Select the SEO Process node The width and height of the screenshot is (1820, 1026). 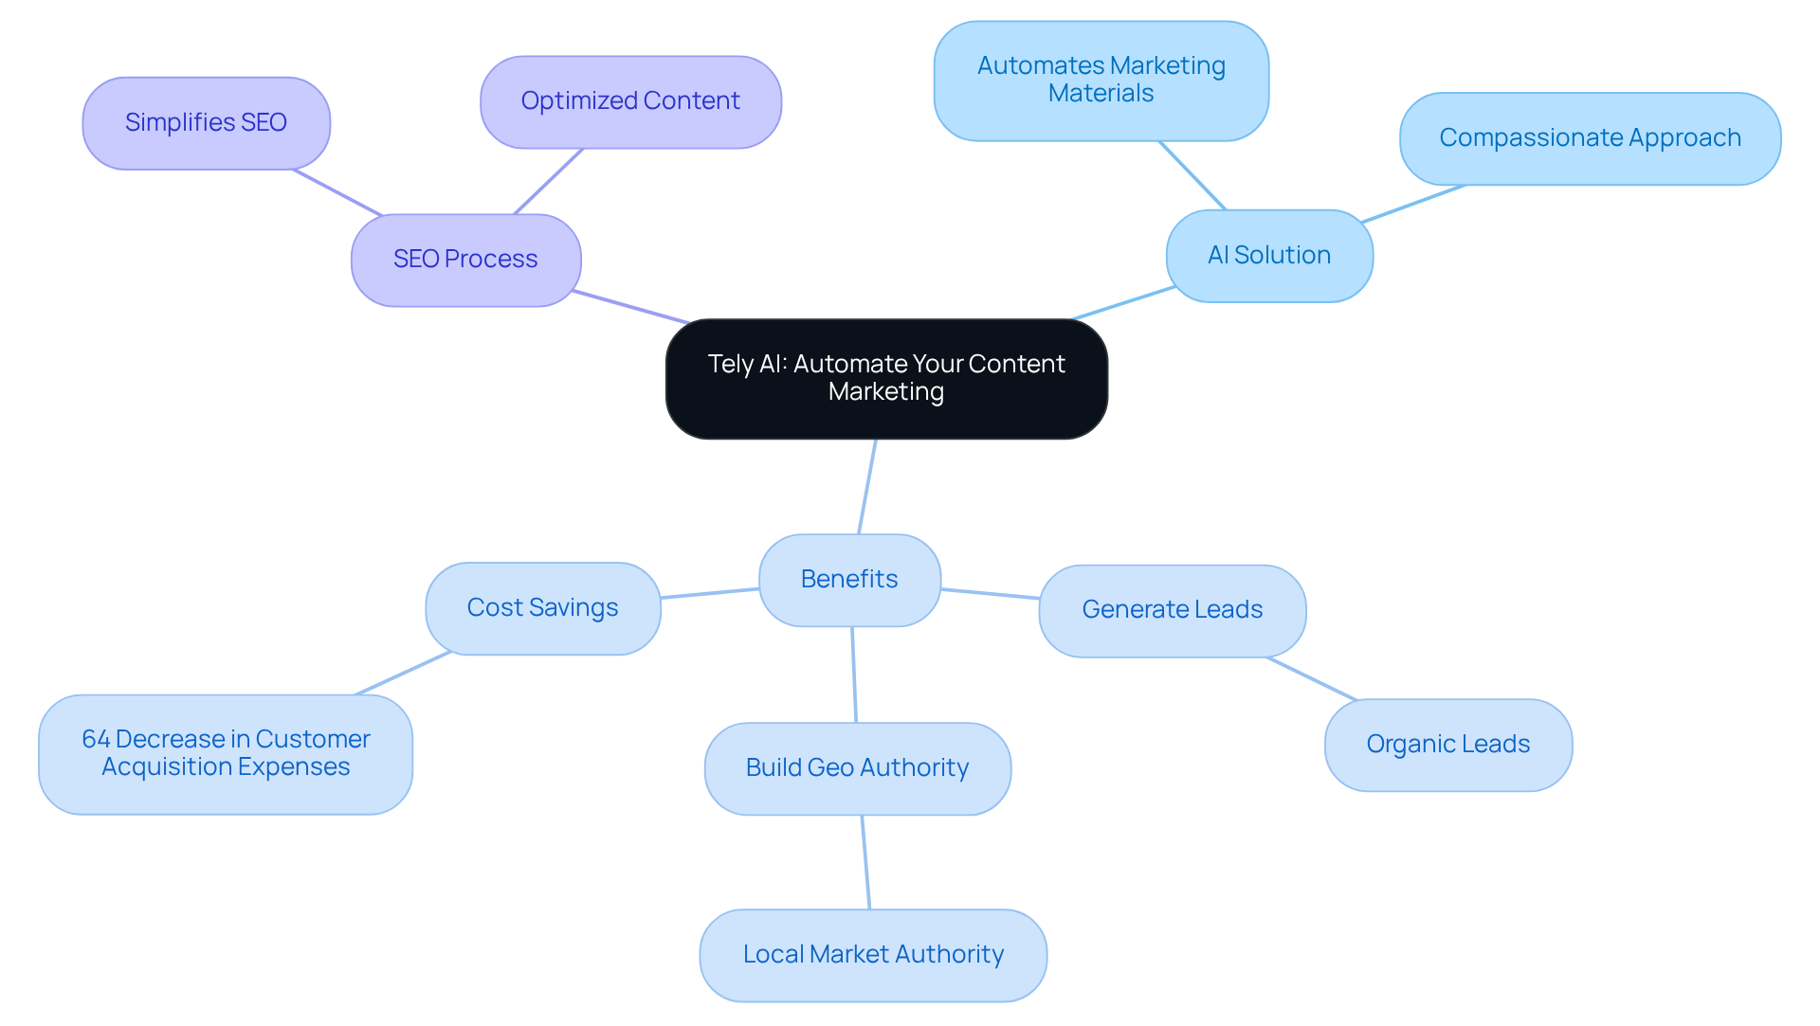[465, 260]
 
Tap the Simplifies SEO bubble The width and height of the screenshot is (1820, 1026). [206, 123]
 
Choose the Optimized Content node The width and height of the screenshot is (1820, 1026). [630, 101]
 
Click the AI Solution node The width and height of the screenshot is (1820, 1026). [1268, 256]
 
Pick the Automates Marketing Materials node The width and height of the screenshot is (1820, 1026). [1101, 81]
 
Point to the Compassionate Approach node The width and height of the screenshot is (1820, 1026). [1590, 138]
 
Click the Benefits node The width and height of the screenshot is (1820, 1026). [849, 580]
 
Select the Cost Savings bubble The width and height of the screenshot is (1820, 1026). [542, 608]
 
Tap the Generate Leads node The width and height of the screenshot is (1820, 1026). [1172, 610]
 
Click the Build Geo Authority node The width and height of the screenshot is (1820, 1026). [857, 768]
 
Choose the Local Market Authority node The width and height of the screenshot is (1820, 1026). [873, 955]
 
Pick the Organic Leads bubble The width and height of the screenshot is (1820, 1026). [1447, 745]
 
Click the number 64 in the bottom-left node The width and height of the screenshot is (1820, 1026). [96, 739]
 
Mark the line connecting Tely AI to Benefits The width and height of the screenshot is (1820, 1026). [867, 487]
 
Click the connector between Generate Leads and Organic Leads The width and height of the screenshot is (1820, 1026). [1312, 678]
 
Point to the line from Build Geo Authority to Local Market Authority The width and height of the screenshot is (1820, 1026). [865, 862]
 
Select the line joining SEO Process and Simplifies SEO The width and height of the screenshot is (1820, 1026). [337, 192]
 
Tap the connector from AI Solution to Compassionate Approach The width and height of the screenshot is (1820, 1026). [1413, 204]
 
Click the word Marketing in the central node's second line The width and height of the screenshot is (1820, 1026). [885, 392]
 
